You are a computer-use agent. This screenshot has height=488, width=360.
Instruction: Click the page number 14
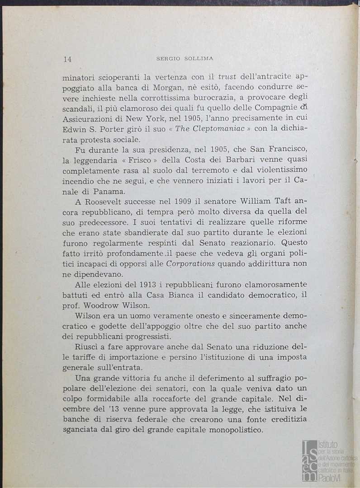point(68,59)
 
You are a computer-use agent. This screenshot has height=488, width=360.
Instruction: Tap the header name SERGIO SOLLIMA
point(185,58)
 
